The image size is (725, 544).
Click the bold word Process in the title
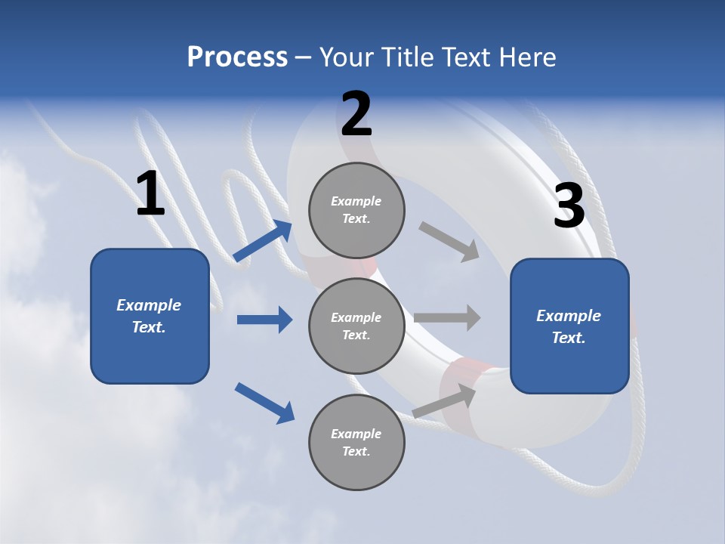[237, 57]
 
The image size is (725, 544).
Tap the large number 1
[150, 193]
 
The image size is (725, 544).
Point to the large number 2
[356, 114]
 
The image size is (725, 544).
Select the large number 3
[569, 206]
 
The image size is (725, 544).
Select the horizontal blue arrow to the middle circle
[264, 320]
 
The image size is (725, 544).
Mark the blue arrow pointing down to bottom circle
[264, 403]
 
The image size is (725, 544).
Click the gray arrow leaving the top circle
[449, 242]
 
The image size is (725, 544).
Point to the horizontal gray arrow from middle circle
[447, 317]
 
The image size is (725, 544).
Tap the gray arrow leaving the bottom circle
[445, 400]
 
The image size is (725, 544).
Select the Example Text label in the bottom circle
[356, 442]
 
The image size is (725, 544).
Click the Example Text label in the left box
[149, 316]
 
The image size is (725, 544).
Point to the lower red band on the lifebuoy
[461, 400]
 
